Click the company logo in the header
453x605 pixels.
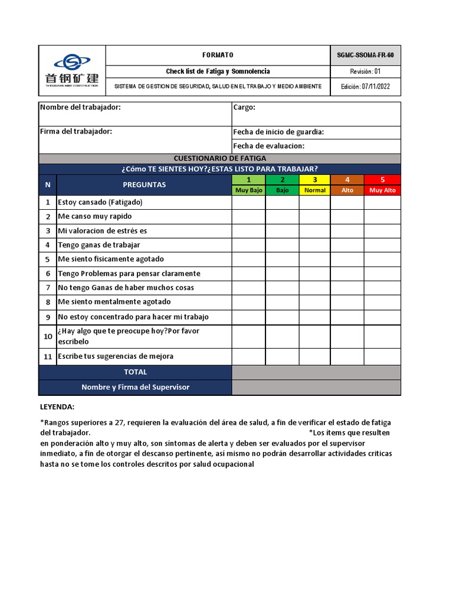tap(72, 70)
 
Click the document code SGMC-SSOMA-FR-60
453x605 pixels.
tap(365, 55)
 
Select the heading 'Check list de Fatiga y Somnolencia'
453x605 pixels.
tap(218, 71)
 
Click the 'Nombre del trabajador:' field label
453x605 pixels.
tap(80, 107)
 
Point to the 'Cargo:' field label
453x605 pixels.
tap(244, 107)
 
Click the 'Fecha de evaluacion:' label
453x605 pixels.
tap(268, 146)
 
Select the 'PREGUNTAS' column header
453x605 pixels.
tap(144, 184)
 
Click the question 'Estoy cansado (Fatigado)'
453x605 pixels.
tap(100, 202)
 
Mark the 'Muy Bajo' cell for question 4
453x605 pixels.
tap(249, 245)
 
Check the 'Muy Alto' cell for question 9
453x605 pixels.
tap(382, 317)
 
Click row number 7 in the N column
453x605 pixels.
tap(48, 288)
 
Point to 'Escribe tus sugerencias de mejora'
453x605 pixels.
tap(116, 356)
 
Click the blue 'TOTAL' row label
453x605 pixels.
tap(135, 372)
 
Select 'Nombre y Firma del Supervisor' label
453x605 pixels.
tap(135, 388)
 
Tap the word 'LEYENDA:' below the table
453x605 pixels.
tap(57, 407)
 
